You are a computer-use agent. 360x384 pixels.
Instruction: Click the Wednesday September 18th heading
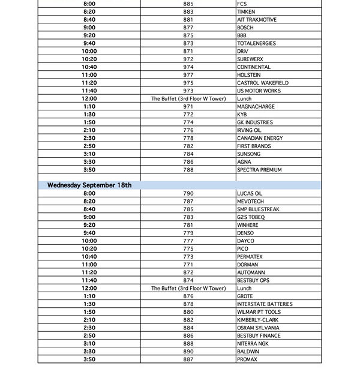(89, 185)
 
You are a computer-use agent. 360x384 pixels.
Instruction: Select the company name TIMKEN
(246, 12)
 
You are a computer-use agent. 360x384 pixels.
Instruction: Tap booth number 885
(188, 4)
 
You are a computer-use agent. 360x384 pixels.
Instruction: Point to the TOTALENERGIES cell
(256, 44)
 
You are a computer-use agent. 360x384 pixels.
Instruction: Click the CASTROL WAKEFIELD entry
(262, 83)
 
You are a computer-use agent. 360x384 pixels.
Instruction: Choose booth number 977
(188, 75)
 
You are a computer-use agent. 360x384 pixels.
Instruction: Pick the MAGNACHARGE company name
(256, 107)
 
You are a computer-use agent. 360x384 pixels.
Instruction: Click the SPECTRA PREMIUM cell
(259, 170)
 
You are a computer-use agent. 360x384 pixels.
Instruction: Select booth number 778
(188, 138)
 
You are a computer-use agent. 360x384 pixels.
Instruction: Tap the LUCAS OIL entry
(250, 194)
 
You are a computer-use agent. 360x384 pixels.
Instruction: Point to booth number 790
(188, 194)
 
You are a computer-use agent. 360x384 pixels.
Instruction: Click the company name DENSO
(245, 233)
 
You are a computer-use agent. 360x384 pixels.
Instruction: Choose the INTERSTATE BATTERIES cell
(265, 304)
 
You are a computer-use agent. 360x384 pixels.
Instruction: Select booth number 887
(188, 359)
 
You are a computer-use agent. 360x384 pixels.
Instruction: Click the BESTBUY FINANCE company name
(259, 336)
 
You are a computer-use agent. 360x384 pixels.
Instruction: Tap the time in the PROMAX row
(89, 359)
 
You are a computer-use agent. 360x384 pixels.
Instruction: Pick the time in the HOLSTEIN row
(89, 75)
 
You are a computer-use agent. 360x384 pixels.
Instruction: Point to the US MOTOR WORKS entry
(259, 91)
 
